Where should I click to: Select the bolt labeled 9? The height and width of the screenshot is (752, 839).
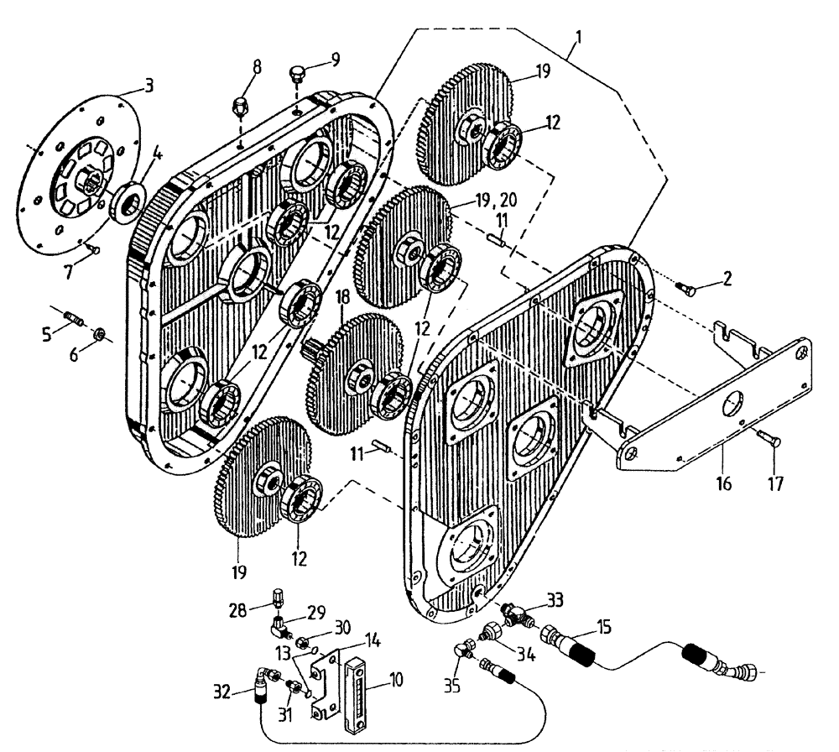point(295,76)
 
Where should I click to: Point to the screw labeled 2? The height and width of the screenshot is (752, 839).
point(685,290)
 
